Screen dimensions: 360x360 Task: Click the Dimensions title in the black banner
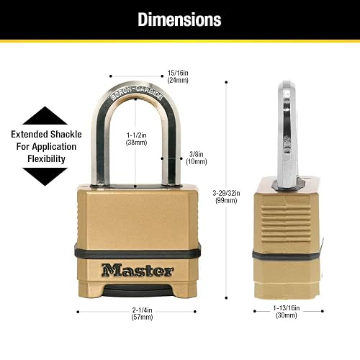pyautogui.click(x=179, y=19)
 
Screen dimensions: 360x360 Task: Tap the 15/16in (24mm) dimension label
pyautogui.click(x=178, y=76)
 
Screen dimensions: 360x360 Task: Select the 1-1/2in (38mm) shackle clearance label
pyautogui.click(x=136, y=139)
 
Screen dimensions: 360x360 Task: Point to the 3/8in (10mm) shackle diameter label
pyautogui.click(x=197, y=158)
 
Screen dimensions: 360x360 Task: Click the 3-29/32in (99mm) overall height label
pyautogui.click(x=226, y=197)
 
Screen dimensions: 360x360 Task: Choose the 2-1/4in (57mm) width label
pyautogui.click(x=142, y=313)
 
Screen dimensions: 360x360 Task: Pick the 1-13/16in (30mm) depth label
pyautogui.click(x=287, y=312)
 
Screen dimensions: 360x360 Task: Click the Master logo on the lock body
pyautogui.click(x=138, y=270)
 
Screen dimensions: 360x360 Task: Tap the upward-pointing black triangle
pyautogui.click(x=45, y=116)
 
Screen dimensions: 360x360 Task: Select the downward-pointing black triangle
pyautogui.click(x=45, y=177)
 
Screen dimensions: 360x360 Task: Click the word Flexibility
pyautogui.click(x=46, y=159)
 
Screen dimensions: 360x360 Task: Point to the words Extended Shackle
pyautogui.click(x=46, y=134)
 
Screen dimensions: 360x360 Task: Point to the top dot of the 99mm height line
pyautogui.click(x=226, y=82)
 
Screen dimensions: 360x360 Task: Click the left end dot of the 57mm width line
pyautogui.click(x=78, y=312)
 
